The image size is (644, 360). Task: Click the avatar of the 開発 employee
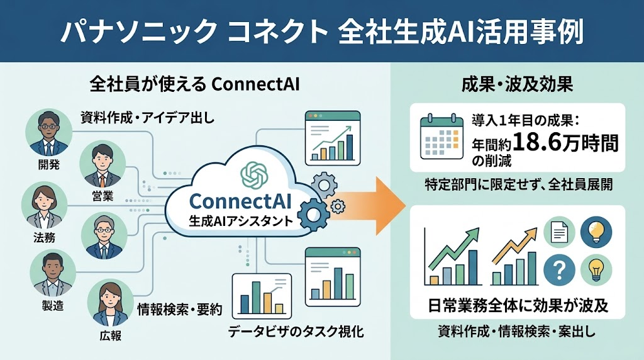click(x=48, y=132)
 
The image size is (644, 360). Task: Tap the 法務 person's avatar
click(x=45, y=205)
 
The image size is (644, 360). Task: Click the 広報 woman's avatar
click(x=110, y=303)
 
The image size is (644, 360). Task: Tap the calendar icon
click(x=442, y=136)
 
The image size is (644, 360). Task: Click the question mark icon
click(x=559, y=270)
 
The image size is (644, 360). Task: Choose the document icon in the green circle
click(x=559, y=232)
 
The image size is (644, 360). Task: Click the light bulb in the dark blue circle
click(x=596, y=232)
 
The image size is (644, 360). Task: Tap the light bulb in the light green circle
click(x=596, y=270)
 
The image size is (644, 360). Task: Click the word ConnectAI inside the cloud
click(x=240, y=201)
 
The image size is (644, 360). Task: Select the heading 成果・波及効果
click(x=517, y=85)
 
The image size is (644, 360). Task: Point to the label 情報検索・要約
click(x=180, y=310)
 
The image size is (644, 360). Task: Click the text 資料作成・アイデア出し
click(x=147, y=118)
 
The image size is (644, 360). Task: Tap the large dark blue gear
click(x=313, y=214)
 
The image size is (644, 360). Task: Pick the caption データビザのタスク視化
click(x=296, y=331)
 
